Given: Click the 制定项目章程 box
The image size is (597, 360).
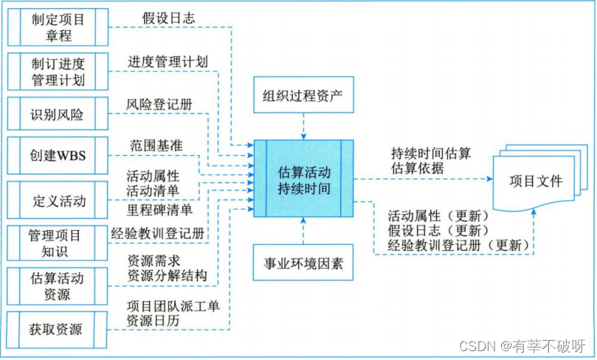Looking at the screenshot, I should pos(58,27).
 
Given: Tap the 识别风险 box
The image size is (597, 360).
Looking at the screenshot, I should pos(58,114).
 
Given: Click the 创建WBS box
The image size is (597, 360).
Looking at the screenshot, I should pos(58,156).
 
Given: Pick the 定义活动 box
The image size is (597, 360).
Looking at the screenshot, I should pos(58,200).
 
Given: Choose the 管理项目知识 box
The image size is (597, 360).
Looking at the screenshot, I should pos(58,243).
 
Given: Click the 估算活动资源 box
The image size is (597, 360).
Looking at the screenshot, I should pos(58,286).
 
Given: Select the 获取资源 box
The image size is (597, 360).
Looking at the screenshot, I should pos(58,328).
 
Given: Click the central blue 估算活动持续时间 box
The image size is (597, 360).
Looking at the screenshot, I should pos(303,180).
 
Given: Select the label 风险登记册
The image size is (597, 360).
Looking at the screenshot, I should pos(159,104).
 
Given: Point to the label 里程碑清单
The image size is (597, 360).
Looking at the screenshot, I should pos(159,210).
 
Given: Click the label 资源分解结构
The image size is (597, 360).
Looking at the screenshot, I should pos(167,275).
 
